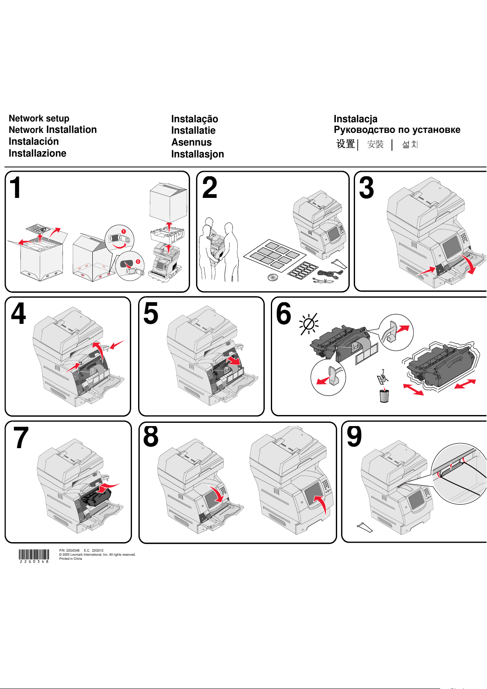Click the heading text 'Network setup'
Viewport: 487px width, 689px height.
click(39, 119)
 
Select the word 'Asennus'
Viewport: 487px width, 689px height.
click(192, 142)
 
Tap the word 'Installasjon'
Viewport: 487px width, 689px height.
click(198, 154)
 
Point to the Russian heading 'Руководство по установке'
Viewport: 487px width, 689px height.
click(397, 130)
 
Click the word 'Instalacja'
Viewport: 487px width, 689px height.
click(355, 119)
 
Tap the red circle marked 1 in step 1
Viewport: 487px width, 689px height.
click(123, 231)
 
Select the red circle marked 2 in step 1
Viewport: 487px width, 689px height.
click(138, 261)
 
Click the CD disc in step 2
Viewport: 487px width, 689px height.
click(273, 278)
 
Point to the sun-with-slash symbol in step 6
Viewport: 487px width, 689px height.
click(309, 324)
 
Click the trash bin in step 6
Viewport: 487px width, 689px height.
click(384, 395)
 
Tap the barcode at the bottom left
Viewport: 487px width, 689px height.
click(34, 554)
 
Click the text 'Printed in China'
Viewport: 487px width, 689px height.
click(71, 559)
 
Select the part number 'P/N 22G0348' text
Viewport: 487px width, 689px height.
click(69, 550)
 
